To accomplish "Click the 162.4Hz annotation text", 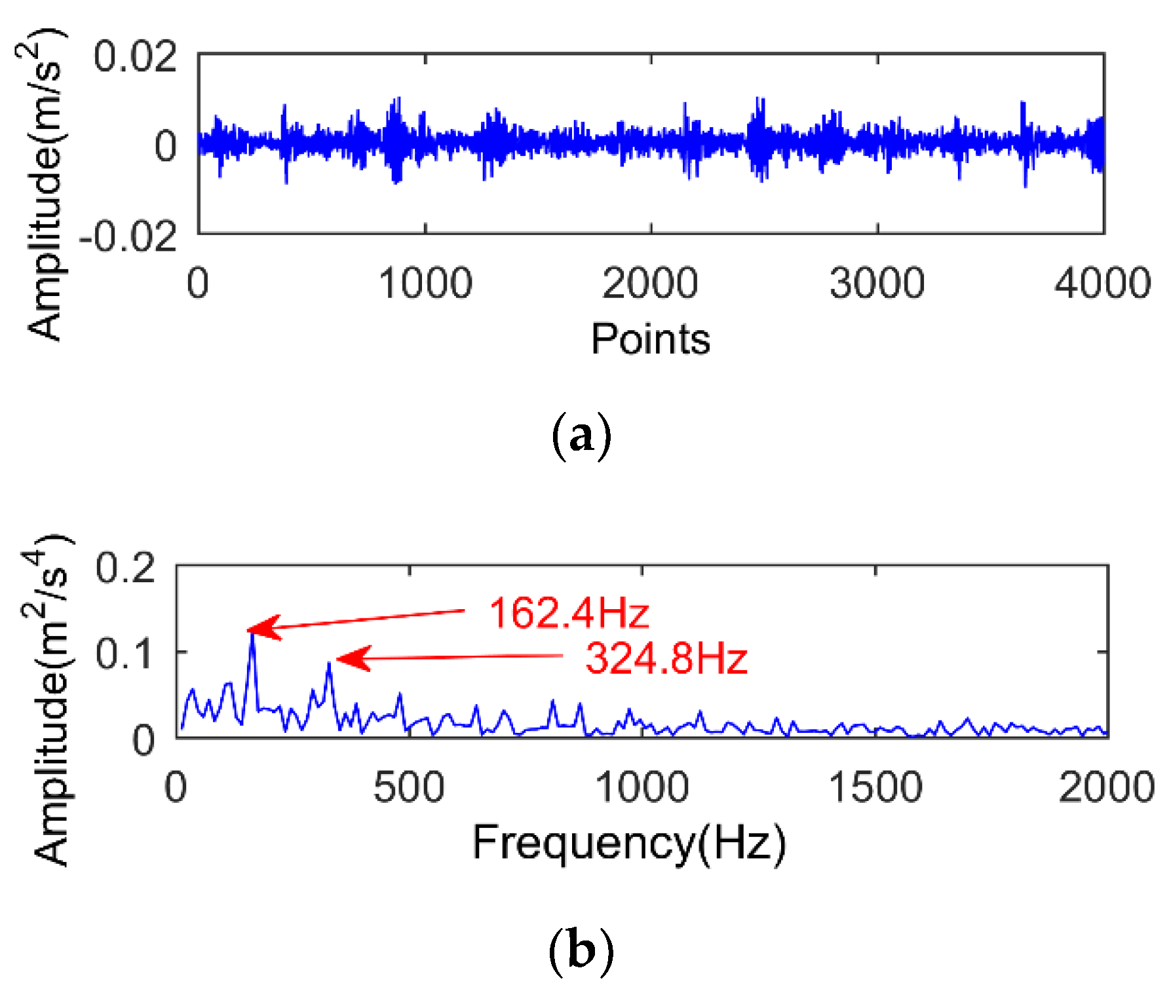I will coord(569,614).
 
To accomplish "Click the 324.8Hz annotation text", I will coord(666,658).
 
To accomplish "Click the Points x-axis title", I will coord(650,339).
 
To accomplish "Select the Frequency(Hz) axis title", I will coord(628,843).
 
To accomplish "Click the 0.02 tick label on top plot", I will coord(135,56).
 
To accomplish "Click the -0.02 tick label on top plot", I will coord(128,236).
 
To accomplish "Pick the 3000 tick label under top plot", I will coord(877,284).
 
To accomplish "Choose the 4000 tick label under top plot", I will coord(1102,284).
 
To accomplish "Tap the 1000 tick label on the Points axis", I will coord(425,284).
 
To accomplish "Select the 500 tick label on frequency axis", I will coord(409,787).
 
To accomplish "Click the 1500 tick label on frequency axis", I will coord(875,787).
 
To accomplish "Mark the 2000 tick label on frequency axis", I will coord(1106,787).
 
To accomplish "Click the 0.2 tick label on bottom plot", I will coord(126,567).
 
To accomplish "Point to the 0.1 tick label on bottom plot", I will coord(126,653).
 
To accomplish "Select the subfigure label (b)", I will coord(581,950).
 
